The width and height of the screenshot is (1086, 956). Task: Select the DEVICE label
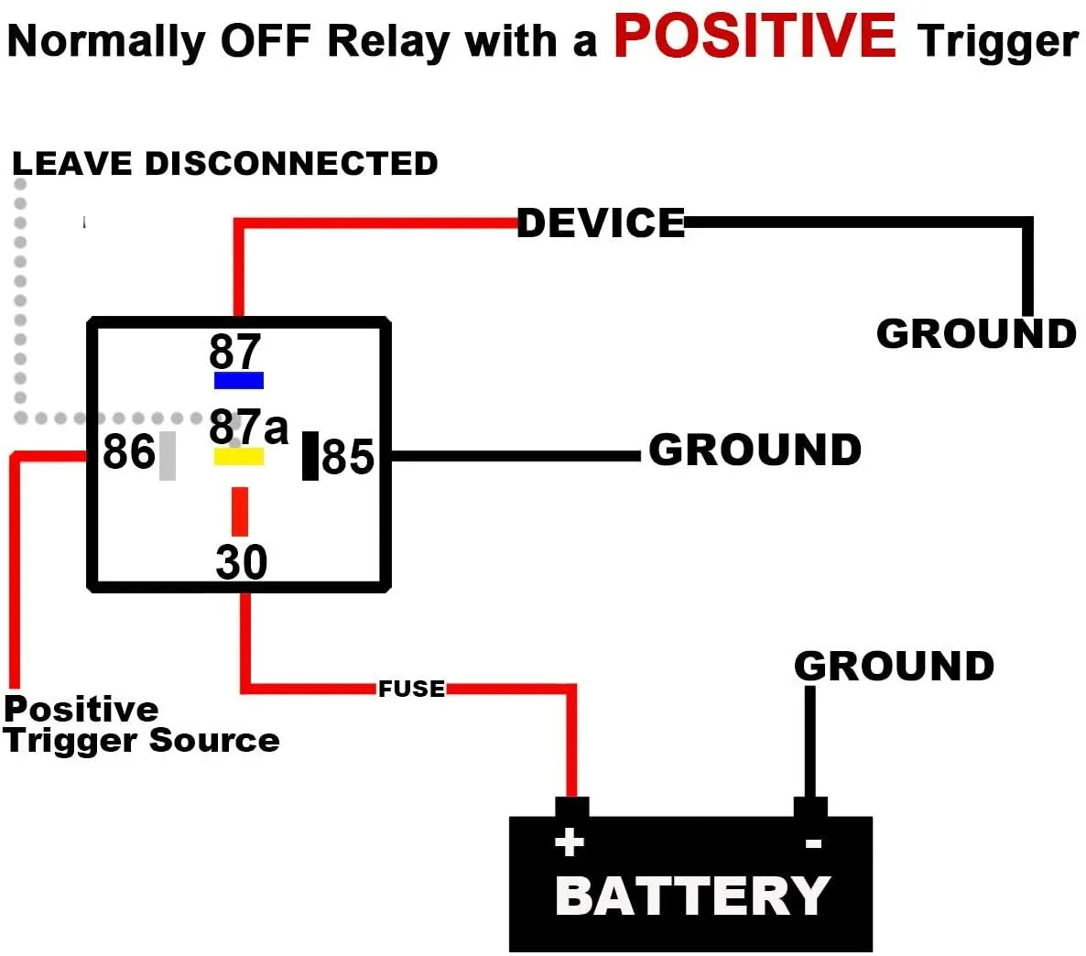pyautogui.click(x=601, y=223)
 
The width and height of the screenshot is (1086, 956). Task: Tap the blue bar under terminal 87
pyautogui.click(x=239, y=380)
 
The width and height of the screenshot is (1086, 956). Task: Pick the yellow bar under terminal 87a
pyautogui.click(x=239, y=456)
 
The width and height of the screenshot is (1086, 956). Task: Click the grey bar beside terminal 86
pyautogui.click(x=168, y=455)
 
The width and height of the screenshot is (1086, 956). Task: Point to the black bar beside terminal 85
pyautogui.click(x=310, y=455)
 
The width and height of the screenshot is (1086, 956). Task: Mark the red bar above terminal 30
pyautogui.click(x=240, y=511)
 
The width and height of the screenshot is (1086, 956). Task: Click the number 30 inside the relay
pyautogui.click(x=242, y=562)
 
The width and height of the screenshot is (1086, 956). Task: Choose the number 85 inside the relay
pyautogui.click(x=348, y=456)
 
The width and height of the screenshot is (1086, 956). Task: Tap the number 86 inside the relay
pyautogui.click(x=129, y=451)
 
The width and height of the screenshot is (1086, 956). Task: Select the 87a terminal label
pyautogui.click(x=248, y=427)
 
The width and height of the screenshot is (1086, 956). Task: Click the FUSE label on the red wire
pyautogui.click(x=411, y=689)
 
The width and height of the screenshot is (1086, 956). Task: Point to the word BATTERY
pyautogui.click(x=692, y=896)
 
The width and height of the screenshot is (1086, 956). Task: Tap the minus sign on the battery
pyautogui.click(x=813, y=843)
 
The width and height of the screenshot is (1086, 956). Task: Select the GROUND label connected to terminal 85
pyautogui.click(x=755, y=451)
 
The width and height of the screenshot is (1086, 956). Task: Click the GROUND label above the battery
pyautogui.click(x=894, y=667)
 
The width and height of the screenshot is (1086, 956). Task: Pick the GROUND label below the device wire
pyautogui.click(x=976, y=334)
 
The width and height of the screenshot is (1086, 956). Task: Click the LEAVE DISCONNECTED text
pyautogui.click(x=225, y=164)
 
